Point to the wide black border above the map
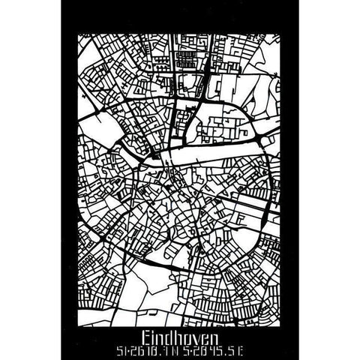point(180,15)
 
